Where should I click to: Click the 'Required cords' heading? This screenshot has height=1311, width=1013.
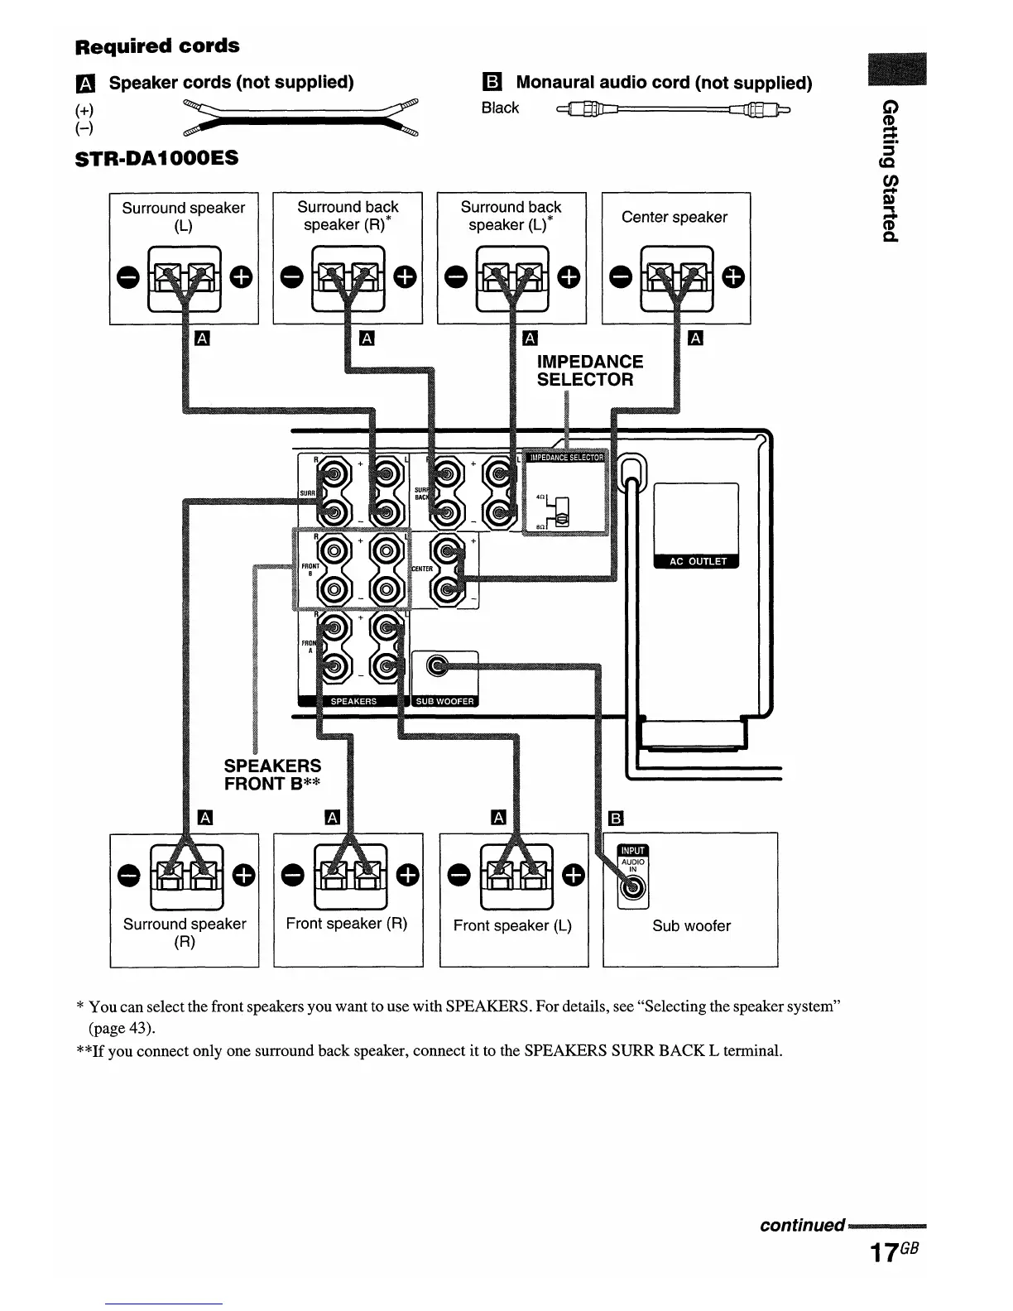coord(157,46)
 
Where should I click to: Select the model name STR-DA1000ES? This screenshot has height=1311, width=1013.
coord(156,157)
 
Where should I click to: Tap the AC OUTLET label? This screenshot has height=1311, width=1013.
coord(697,561)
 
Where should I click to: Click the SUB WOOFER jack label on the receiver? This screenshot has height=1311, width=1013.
coord(444,701)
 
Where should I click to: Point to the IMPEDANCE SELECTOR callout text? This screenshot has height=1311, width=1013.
coord(589,371)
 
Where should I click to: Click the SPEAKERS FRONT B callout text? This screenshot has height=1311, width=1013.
coord(272,775)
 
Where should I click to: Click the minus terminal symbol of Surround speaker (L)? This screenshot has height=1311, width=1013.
coord(128,278)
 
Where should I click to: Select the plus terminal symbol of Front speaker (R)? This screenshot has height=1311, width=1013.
coord(408,874)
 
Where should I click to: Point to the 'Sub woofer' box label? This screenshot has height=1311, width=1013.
coord(691,926)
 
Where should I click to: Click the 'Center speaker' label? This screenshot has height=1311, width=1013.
coord(674,217)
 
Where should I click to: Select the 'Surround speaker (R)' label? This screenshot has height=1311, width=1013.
coord(185,933)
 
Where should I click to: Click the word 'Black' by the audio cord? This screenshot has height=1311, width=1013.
coord(500,108)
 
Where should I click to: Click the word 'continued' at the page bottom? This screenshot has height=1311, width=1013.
coord(802,1225)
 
